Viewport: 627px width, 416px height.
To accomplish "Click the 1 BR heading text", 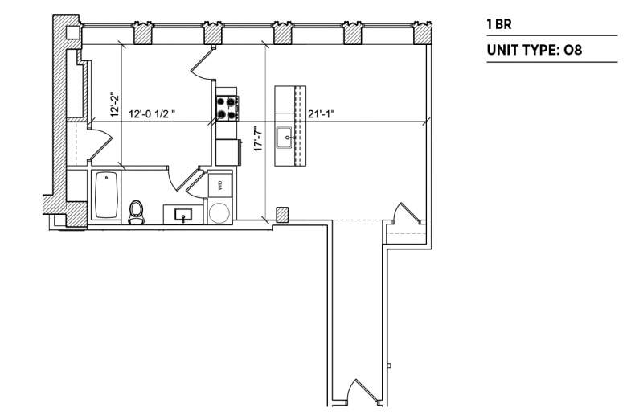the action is (499, 24).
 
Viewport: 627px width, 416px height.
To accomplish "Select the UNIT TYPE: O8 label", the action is (535, 50).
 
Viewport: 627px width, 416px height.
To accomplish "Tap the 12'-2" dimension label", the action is (115, 105).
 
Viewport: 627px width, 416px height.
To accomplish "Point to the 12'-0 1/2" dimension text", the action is (152, 114).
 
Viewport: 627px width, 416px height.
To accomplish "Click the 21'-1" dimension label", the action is (321, 114).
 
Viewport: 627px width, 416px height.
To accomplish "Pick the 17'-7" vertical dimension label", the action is (258, 138).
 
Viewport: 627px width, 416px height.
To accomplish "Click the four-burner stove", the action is (227, 108).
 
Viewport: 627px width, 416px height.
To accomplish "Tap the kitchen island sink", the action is (285, 138).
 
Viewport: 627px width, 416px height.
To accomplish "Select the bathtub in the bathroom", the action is (106, 195).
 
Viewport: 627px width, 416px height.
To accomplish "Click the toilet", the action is (137, 212).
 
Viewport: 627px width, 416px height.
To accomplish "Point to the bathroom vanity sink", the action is (183, 215).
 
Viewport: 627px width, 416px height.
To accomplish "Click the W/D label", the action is (219, 185).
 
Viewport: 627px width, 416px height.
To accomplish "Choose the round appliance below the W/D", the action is (220, 212).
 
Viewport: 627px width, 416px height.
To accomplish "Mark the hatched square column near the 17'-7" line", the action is (283, 215).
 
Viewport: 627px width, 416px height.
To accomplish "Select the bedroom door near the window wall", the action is (203, 63).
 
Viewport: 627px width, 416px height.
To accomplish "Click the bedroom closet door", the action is (100, 143).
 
